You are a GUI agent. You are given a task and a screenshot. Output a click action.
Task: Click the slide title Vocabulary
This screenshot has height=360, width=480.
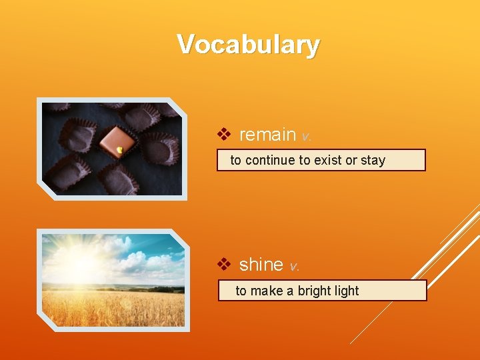point(248,45)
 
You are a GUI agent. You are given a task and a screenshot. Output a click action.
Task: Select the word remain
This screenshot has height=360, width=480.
point(267,135)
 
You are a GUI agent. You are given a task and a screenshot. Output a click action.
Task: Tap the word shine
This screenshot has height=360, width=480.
point(261,265)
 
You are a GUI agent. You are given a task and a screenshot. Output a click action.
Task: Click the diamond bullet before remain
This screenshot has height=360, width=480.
point(225,135)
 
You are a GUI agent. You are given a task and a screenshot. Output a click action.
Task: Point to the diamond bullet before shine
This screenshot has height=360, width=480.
point(225,265)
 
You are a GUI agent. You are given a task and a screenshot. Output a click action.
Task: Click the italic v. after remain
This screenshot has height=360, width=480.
point(306,136)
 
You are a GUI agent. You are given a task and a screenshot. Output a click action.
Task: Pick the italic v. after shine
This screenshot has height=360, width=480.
point(294,266)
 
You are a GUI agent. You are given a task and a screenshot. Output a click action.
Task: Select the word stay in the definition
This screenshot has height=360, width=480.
point(373,160)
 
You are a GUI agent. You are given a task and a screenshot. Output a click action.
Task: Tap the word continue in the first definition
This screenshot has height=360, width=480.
point(270,160)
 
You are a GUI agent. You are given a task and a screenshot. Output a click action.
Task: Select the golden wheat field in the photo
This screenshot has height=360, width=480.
point(113,308)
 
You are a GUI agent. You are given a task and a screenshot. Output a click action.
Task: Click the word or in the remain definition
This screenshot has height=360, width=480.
point(351,160)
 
